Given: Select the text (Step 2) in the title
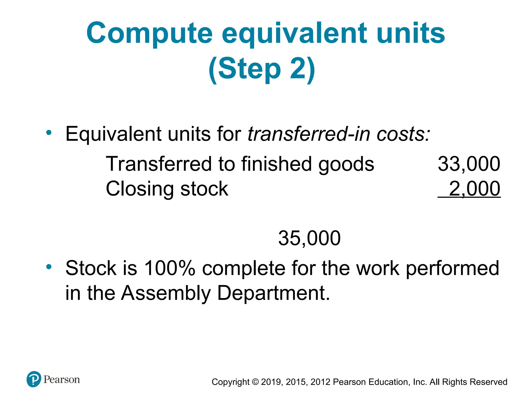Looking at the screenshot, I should [262, 69].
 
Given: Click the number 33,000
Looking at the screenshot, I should [469, 164].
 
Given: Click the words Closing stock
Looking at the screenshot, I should [167, 189].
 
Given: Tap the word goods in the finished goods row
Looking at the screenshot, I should [346, 164].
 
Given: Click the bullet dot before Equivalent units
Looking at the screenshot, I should [49, 133].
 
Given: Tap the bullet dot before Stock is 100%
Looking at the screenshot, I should [49, 267].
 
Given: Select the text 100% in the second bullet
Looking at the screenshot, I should [169, 268].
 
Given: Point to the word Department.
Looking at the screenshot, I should [273, 293].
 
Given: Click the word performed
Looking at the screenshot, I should [452, 268].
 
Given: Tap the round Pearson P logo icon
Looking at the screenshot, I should [34, 379].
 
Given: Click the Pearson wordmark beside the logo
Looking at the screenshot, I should [62, 380].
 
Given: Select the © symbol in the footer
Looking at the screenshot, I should [255, 382].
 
